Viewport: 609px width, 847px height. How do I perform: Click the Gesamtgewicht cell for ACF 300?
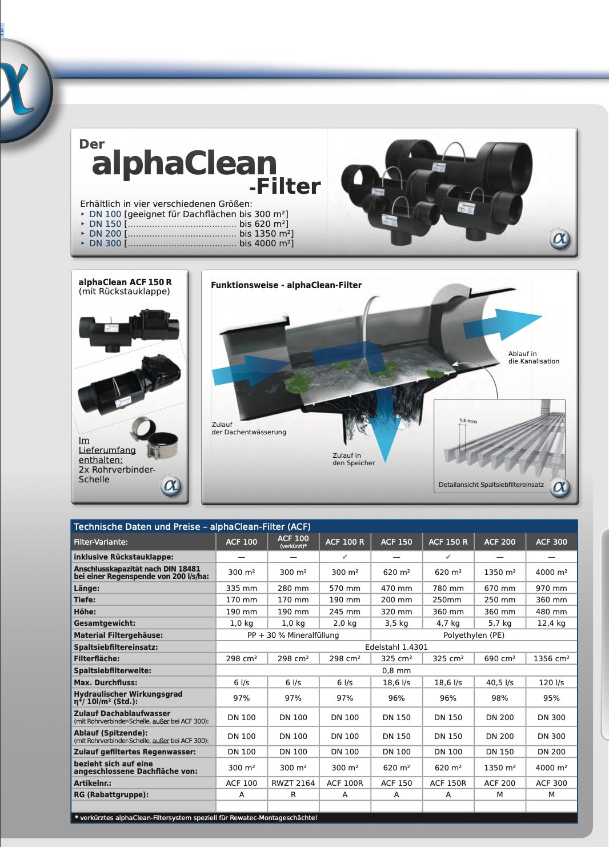[x=551, y=623]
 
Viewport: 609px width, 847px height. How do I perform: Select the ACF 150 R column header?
[x=448, y=542]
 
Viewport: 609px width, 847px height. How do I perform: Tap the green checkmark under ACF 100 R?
[x=344, y=557]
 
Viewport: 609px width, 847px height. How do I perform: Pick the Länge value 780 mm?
[x=448, y=588]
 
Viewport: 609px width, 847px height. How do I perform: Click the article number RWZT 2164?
[x=293, y=783]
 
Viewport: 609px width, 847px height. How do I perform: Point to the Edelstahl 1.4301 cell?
[x=396, y=647]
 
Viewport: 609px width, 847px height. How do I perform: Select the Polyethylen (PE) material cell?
[x=474, y=636]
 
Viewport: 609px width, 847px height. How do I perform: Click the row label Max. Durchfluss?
[x=106, y=682]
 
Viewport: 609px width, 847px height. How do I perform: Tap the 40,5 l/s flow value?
[x=499, y=682]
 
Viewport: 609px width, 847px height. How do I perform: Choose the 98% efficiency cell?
[x=499, y=698]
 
